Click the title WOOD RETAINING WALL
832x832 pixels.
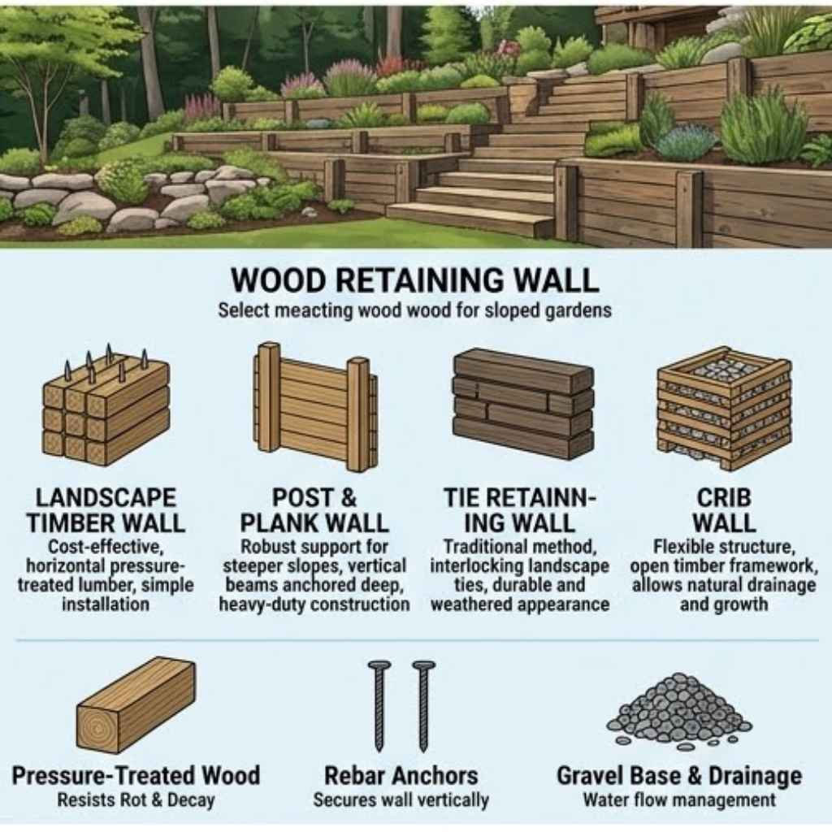[415, 280]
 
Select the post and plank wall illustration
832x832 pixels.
[316, 408]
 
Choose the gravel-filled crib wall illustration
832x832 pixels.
[724, 409]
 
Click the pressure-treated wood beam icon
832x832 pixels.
[136, 704]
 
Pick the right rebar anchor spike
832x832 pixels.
[423, 706]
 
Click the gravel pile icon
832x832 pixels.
[679, 711]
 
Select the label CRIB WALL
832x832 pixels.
[724, 510]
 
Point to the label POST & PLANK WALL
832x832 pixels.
[314, 510]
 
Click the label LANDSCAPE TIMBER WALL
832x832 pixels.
[106, 510]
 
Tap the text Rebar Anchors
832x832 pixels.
[401, 776]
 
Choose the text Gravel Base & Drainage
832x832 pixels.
[679, 776]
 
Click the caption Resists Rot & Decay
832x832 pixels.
[136, 800]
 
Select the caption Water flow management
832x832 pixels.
[679, 800]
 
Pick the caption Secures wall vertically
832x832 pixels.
[401, 800]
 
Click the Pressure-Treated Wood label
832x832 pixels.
[136, 776]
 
